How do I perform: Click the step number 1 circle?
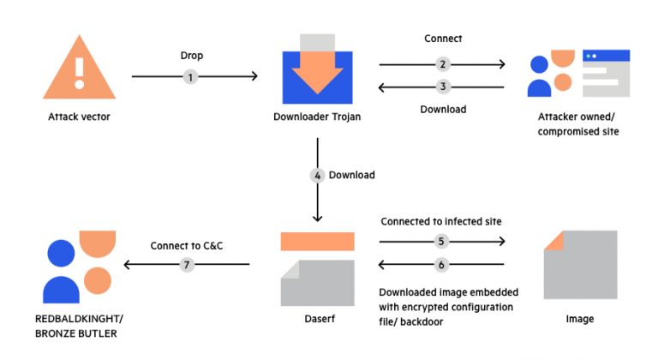point(191,76)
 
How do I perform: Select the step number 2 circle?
point(442,64)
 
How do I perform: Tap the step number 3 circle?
point(442,86)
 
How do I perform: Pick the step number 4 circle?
point(317,175)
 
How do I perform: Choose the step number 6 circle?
point(442,265)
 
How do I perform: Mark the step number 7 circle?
point(187,265)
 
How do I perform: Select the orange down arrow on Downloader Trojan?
point(318,72)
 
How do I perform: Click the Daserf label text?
point(317,319)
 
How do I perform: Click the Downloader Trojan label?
point(317,117)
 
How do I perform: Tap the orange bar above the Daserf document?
point(317,241)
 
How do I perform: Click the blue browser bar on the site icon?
point(606,55)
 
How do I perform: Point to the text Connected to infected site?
point(441,222)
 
